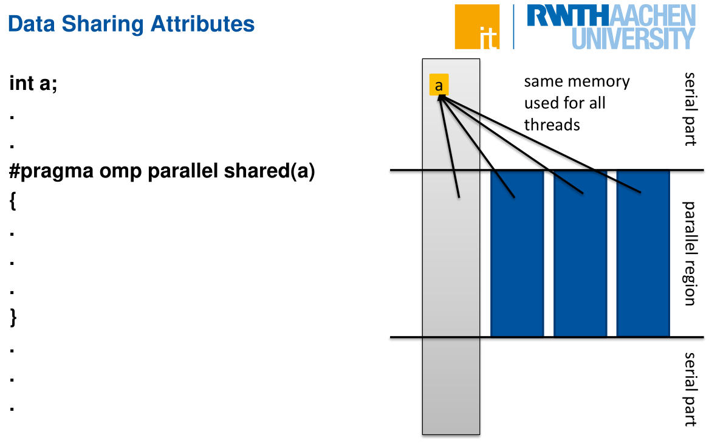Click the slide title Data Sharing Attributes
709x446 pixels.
coord(131,24)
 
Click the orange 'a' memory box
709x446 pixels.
coord(439,85)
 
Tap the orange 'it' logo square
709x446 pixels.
coord(477,27)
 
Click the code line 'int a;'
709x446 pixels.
coord(33,83)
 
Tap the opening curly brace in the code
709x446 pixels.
coord(13,202)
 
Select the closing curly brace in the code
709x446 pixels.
coord(13,317)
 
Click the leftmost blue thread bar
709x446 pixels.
coord(517,253)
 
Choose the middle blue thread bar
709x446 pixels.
coord(580,253)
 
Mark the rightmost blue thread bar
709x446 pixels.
coord(643,253)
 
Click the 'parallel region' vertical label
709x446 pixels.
coord(689,253)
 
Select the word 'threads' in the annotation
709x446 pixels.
coord(552,125)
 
